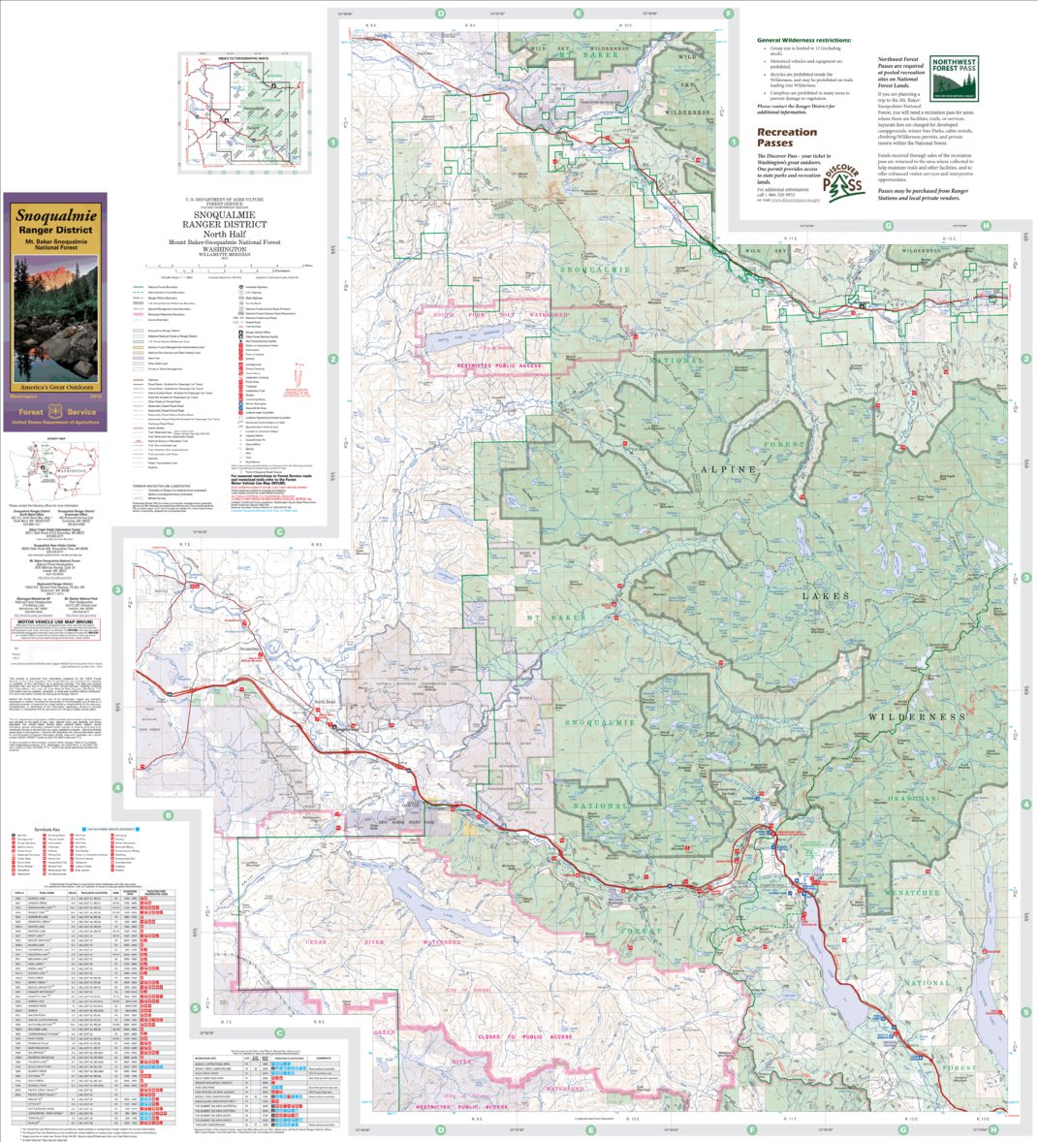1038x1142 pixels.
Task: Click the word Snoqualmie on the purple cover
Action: (x=53, y=214)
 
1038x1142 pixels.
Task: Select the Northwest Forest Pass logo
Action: (x=954, y=78)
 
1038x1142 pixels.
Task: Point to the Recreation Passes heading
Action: (x=787, y=137)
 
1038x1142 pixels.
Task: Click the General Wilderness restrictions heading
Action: (x=806, y=40)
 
